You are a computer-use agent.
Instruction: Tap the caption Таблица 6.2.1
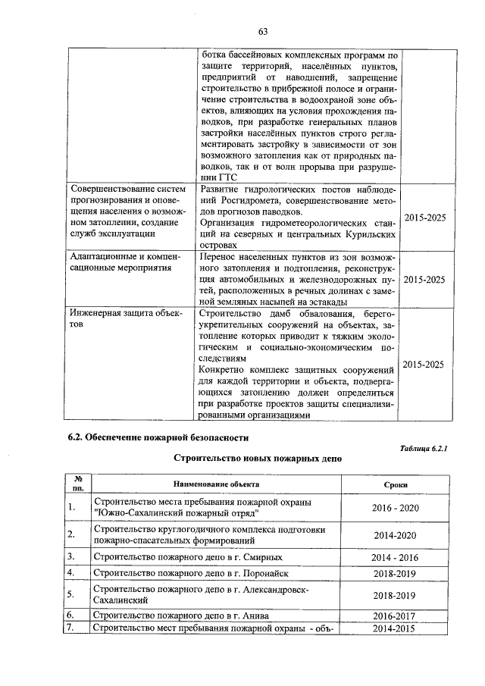(424, 449)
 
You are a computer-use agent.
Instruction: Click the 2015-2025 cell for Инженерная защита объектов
(424, 365)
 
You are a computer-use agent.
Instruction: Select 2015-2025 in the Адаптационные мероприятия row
(424, 280)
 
